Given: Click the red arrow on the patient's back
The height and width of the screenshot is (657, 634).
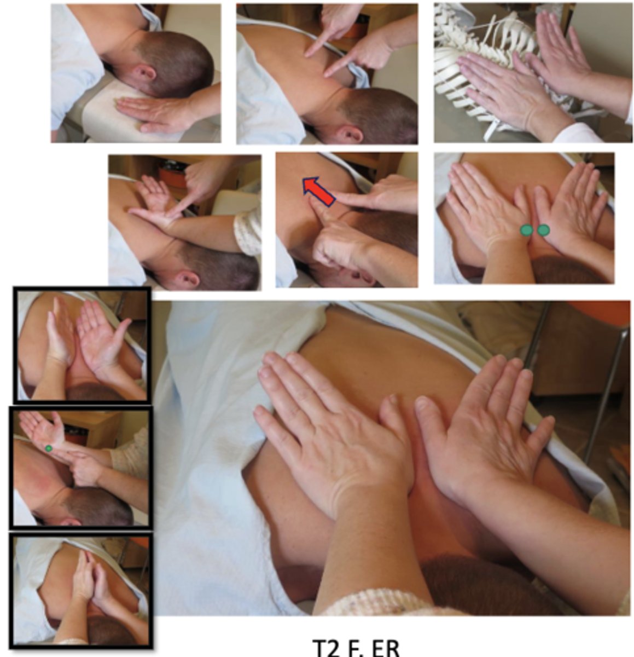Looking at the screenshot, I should point(318,192).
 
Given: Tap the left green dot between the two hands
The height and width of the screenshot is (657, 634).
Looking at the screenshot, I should point(526,230).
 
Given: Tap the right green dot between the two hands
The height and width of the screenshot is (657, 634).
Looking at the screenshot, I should point(543,230).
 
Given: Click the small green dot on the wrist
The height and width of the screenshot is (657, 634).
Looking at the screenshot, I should point(49,448).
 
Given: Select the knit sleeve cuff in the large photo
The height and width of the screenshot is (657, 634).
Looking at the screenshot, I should point(377,605).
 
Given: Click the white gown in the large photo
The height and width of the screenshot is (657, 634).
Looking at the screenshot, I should point(213,438).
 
